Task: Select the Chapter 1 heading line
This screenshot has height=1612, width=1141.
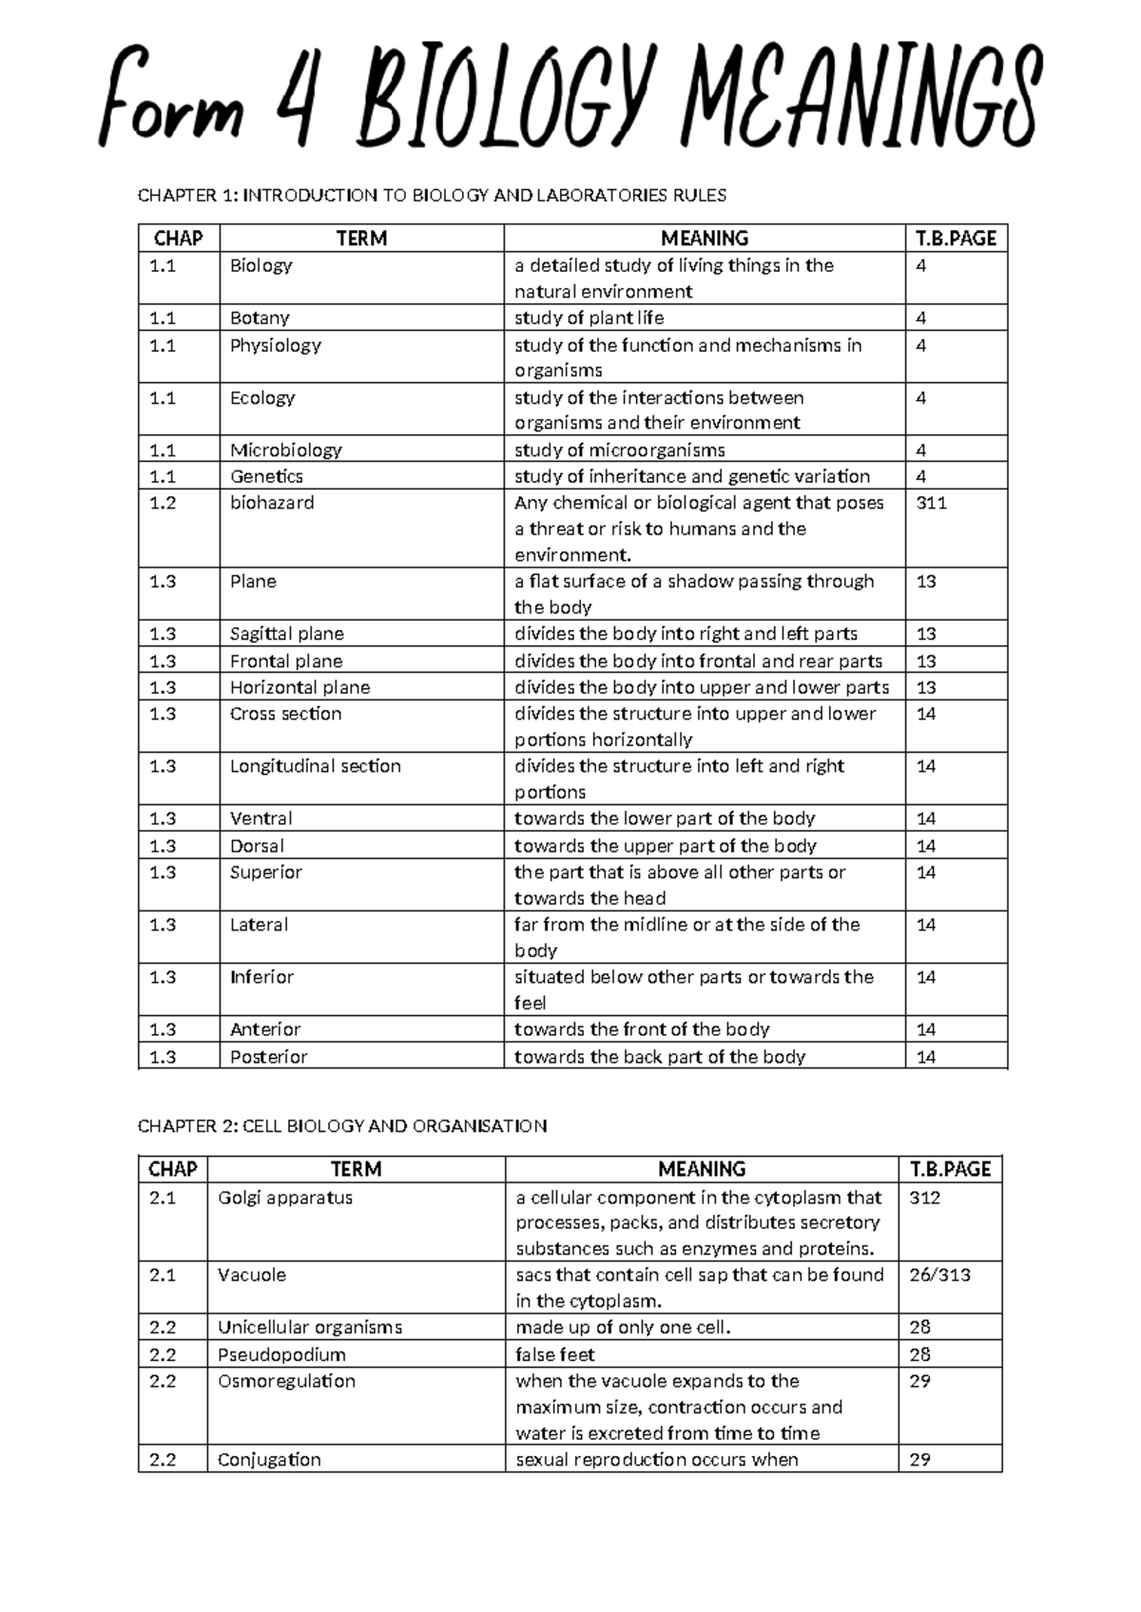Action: coord(432,196)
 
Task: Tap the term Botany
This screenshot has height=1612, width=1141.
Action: coord(260,318)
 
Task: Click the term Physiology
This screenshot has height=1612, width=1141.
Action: coord(275,345)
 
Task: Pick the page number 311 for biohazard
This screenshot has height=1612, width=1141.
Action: coord(931,503)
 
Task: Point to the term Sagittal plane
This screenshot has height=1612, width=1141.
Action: coord(286,634)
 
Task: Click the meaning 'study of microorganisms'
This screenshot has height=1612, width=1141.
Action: coord(619,451)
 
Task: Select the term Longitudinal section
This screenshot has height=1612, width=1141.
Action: coord(315,766)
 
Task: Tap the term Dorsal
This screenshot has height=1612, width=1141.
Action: coord(257,846)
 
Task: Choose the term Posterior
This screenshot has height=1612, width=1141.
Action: coord(268,1057)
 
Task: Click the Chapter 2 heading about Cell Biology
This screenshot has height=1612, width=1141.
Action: coord(342,1126)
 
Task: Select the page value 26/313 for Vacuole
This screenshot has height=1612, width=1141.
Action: coord(939,1276)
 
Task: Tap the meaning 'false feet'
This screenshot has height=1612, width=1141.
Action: coord(555,1354)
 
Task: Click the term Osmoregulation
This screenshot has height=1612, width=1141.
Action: coord(286,1381)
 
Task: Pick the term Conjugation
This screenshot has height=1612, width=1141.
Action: coord(269,1460)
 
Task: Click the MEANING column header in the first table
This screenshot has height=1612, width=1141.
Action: coord(705,239)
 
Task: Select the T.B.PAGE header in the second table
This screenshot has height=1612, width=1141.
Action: coord(950,1169)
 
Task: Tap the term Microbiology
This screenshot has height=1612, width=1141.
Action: coord(285,451)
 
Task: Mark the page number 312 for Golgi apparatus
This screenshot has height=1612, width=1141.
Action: coord(924,1198)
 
